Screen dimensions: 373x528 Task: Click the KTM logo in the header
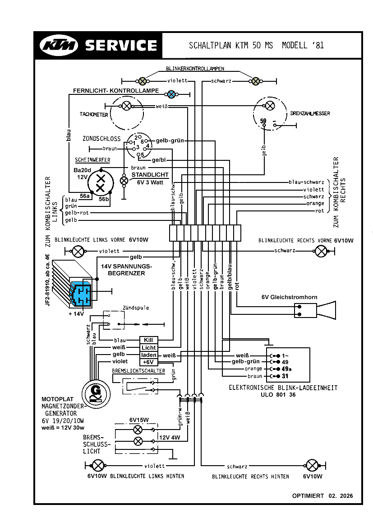point(59,46)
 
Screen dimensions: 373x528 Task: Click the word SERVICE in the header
point(121,46)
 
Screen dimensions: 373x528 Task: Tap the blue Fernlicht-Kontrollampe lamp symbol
point(171,94)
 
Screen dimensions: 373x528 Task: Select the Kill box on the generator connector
point(148,340)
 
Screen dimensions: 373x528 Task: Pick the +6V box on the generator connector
point(148,362)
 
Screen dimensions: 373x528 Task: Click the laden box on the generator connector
point(148,355)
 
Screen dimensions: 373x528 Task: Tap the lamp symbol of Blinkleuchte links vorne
point(78,251)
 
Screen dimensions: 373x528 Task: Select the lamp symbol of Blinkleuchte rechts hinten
point(312,466)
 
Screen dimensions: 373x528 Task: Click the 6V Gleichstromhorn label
point(289,297)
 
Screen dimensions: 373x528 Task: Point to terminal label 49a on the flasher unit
point(286,369)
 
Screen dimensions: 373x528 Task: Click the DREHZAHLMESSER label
point(310,113)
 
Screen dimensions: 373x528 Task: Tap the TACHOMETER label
point(94,114)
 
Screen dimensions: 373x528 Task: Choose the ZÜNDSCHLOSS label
point(101,139)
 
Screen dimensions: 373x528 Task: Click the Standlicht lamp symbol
point(124,181)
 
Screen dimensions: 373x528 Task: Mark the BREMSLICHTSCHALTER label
point(138,371)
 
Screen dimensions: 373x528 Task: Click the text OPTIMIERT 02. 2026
point(322,495)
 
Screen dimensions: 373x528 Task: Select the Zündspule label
point(136,308)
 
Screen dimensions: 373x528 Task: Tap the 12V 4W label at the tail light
point(170,437)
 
